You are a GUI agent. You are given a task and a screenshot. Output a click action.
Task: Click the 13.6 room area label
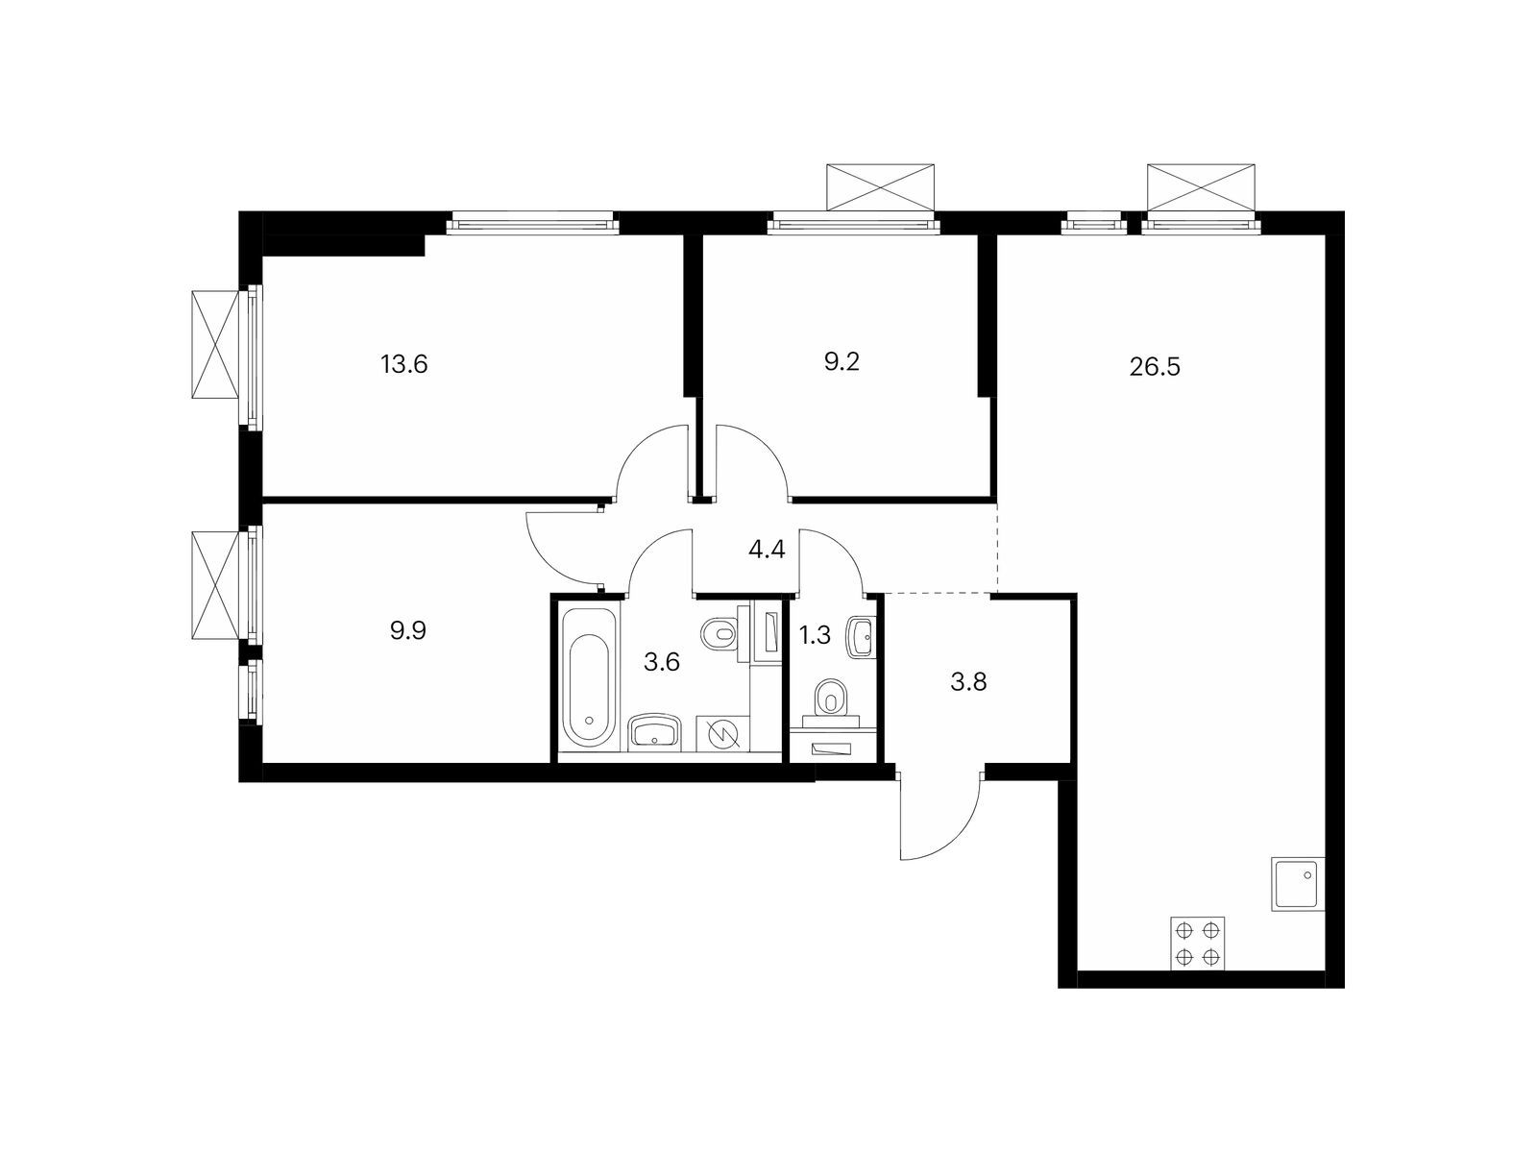point(404,365)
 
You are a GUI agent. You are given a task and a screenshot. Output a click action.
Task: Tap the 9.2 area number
point(841,362)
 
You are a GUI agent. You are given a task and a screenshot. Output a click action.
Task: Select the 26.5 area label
point(1155,367)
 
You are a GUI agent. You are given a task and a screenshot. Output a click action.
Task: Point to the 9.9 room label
point(408,630)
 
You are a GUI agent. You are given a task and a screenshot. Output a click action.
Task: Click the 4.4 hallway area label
point(767,550)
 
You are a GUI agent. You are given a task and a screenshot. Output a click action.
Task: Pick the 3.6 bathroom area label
point(662,662)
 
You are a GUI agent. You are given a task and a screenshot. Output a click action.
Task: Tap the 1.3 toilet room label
point(815,635)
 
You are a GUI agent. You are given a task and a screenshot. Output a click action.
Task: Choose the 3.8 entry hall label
point(968,681)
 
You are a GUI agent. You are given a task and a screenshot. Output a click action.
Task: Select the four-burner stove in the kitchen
point(1197,943)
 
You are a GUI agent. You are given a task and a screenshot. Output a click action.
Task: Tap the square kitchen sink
point(1298,884)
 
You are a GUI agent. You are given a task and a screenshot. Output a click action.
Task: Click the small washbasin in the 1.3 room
point(861,637)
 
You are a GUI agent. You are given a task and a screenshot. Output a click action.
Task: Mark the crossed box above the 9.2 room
point(880,187)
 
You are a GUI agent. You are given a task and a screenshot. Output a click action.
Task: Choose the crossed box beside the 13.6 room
point(215,344)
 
